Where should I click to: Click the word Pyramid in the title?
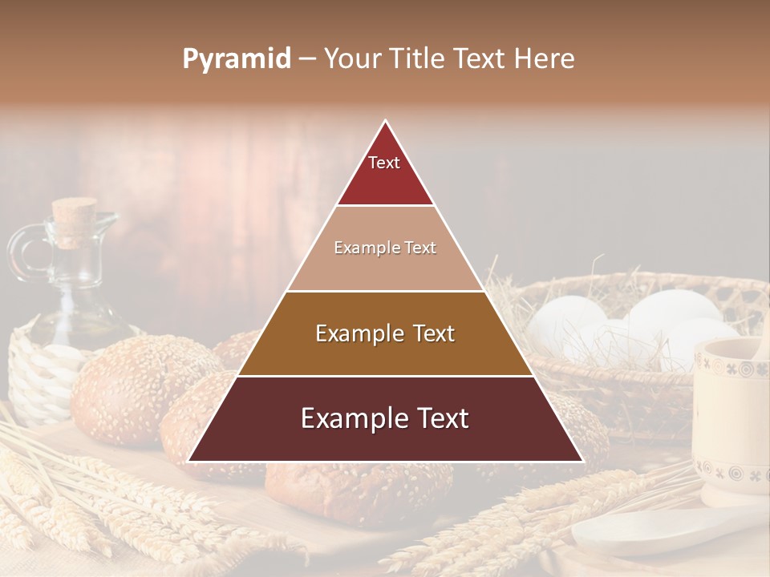pyautogui.click(x=236, y=59)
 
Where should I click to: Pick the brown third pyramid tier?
pyautogui.click(x=385, y=333)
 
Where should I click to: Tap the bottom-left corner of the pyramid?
pyautogui.click(x=189, y=461)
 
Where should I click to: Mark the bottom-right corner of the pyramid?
pyautogui.click(x=582, y=461)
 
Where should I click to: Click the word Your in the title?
pyautogui.click(x=353, y=59)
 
